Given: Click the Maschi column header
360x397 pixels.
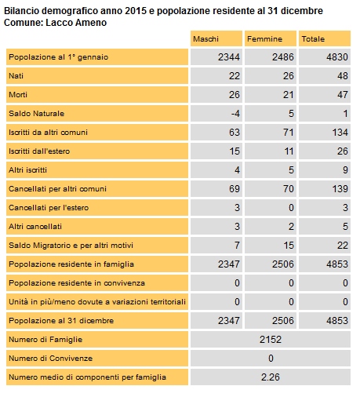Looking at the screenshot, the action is tap(205, 39).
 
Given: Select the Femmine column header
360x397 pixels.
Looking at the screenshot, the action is tap(264, 39).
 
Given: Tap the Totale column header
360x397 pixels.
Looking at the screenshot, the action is tap(313, 39).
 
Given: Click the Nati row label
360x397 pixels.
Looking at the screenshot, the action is tap(16, 76).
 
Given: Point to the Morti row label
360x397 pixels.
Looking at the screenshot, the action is tap(18, 95).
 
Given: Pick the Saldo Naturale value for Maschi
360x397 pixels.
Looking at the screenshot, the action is tap(235, 114).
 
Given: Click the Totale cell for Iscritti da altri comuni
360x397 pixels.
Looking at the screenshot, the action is tap(340, 133).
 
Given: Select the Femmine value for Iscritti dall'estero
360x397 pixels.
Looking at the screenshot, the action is tap(289, 151).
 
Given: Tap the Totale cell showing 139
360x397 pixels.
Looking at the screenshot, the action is tap(340, 189).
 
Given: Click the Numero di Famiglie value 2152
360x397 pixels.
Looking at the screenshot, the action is tap(271, 340).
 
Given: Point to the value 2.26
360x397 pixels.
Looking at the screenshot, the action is tap(271, 377).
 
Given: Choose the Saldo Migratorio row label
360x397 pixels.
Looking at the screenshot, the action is tap(71, 246).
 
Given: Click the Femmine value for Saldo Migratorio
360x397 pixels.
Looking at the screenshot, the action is tap(289, 246).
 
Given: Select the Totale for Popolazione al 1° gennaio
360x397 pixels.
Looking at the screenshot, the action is tap(337, 57).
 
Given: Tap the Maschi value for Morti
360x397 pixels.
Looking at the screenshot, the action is tap(235, 95).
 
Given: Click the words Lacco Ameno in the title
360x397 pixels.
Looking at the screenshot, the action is tap(76, 23).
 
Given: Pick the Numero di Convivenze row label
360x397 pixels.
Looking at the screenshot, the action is tap(51, 359).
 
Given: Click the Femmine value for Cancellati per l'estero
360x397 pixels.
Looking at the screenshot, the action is tap(291, 208).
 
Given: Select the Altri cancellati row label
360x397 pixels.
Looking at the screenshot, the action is tap(35, 227).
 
